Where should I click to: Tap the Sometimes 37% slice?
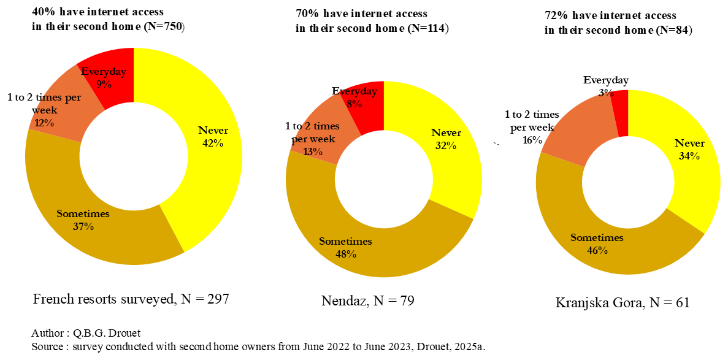(92, 227)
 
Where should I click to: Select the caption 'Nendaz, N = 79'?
(367, 301)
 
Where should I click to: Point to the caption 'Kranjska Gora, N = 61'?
(623, 302)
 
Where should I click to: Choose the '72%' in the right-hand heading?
(555, 15)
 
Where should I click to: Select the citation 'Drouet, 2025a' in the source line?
(452, 347)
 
